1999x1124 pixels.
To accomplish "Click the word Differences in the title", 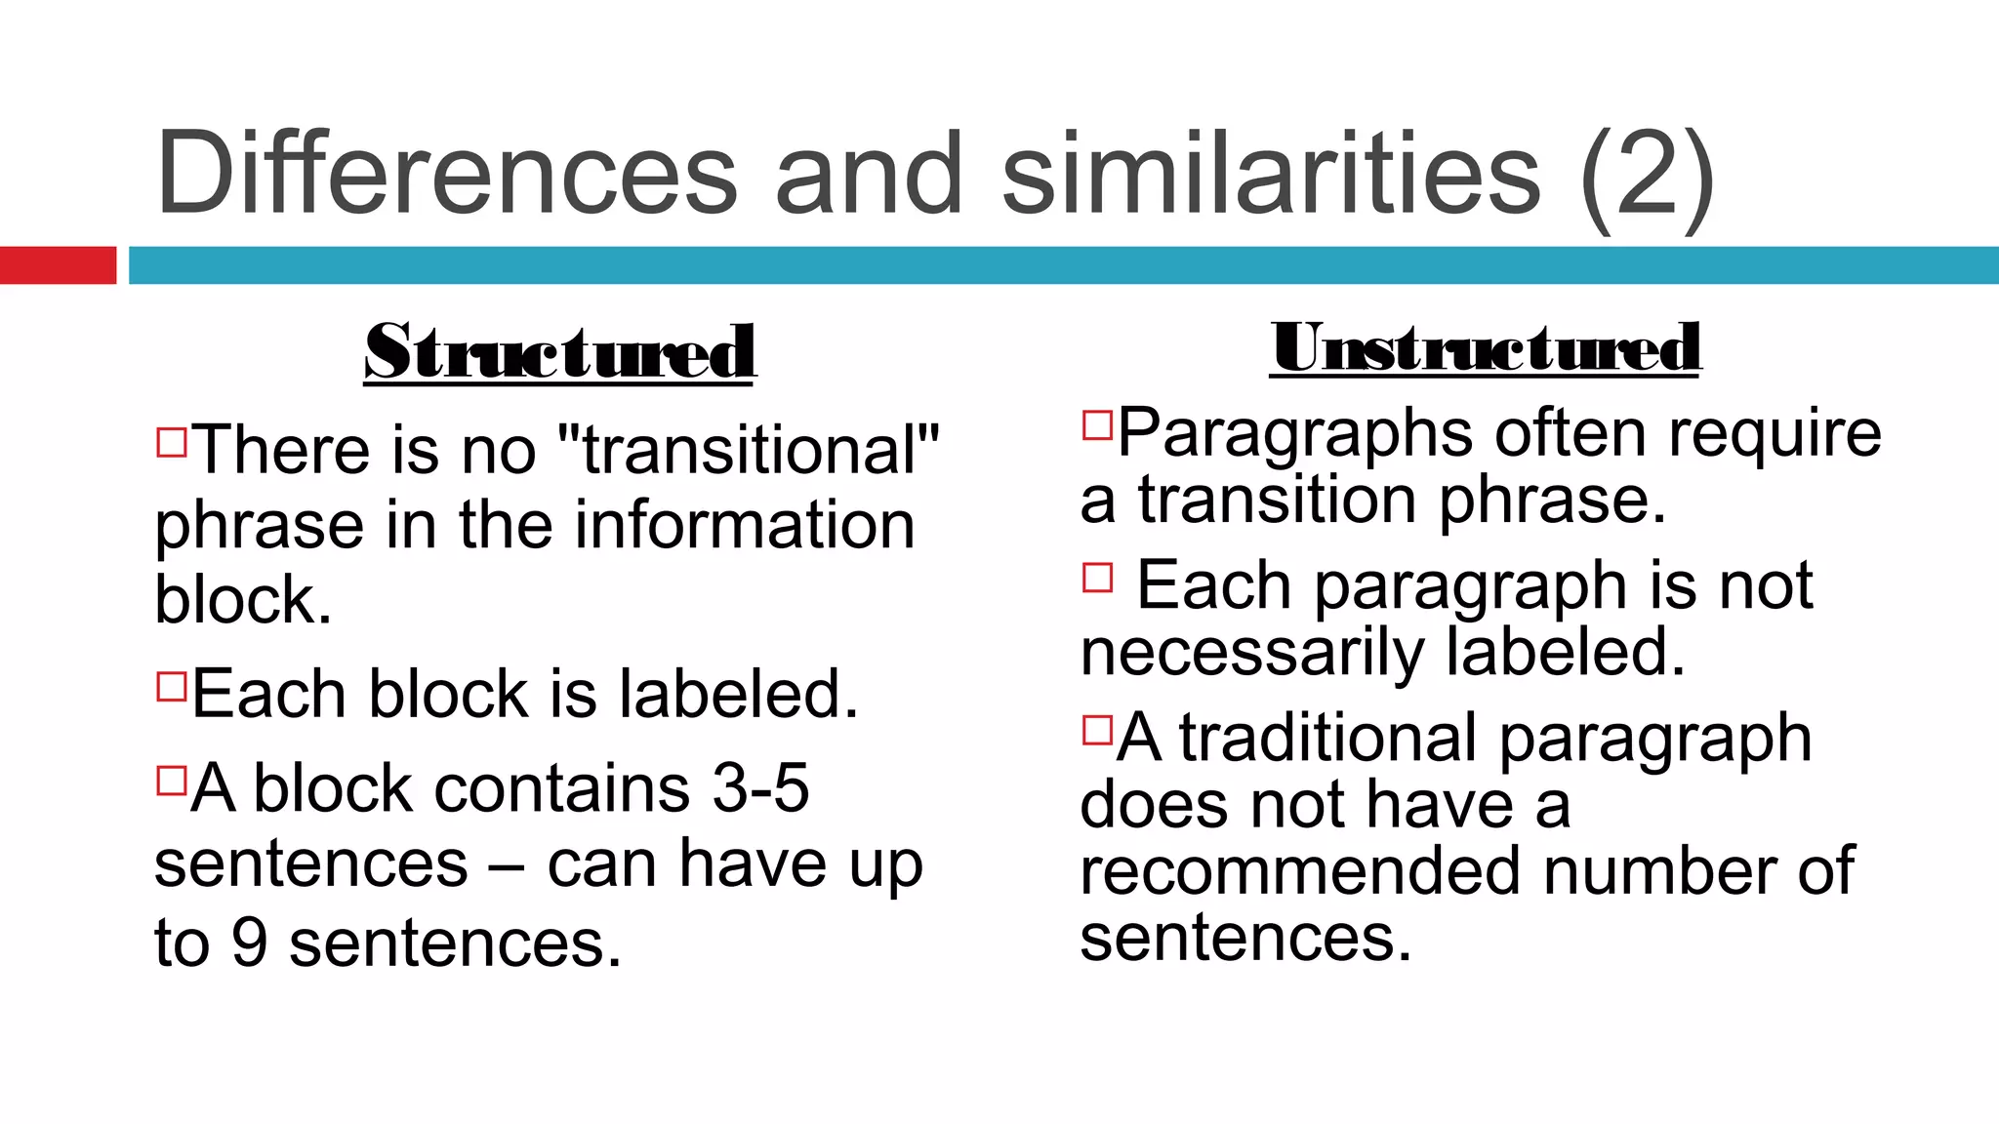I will (x=446, y=174).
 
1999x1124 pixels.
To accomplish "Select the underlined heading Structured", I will (x=559, y=352).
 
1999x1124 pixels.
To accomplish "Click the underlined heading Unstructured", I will (x=1486, y=347).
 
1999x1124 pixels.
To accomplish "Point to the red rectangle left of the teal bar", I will (x=58, y=265).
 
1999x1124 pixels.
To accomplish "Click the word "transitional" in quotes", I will (x=747, y=450).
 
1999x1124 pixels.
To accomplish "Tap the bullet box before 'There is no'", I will (x=171, y=441).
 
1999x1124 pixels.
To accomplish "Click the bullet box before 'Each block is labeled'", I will (x=171, y=686).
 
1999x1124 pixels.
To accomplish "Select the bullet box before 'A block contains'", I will (x=171, y=781).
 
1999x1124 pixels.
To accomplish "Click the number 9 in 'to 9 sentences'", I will (x=249, y=943).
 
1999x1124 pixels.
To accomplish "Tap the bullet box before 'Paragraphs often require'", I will (x=1097, y=424).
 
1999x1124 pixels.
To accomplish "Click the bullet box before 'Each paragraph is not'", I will (x=1097, y=578).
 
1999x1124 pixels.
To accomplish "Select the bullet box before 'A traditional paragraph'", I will (x=1097, y=730).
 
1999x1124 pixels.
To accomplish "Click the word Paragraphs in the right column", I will (x=1294, y=433).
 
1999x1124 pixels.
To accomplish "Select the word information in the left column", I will (x=745, y=525).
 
